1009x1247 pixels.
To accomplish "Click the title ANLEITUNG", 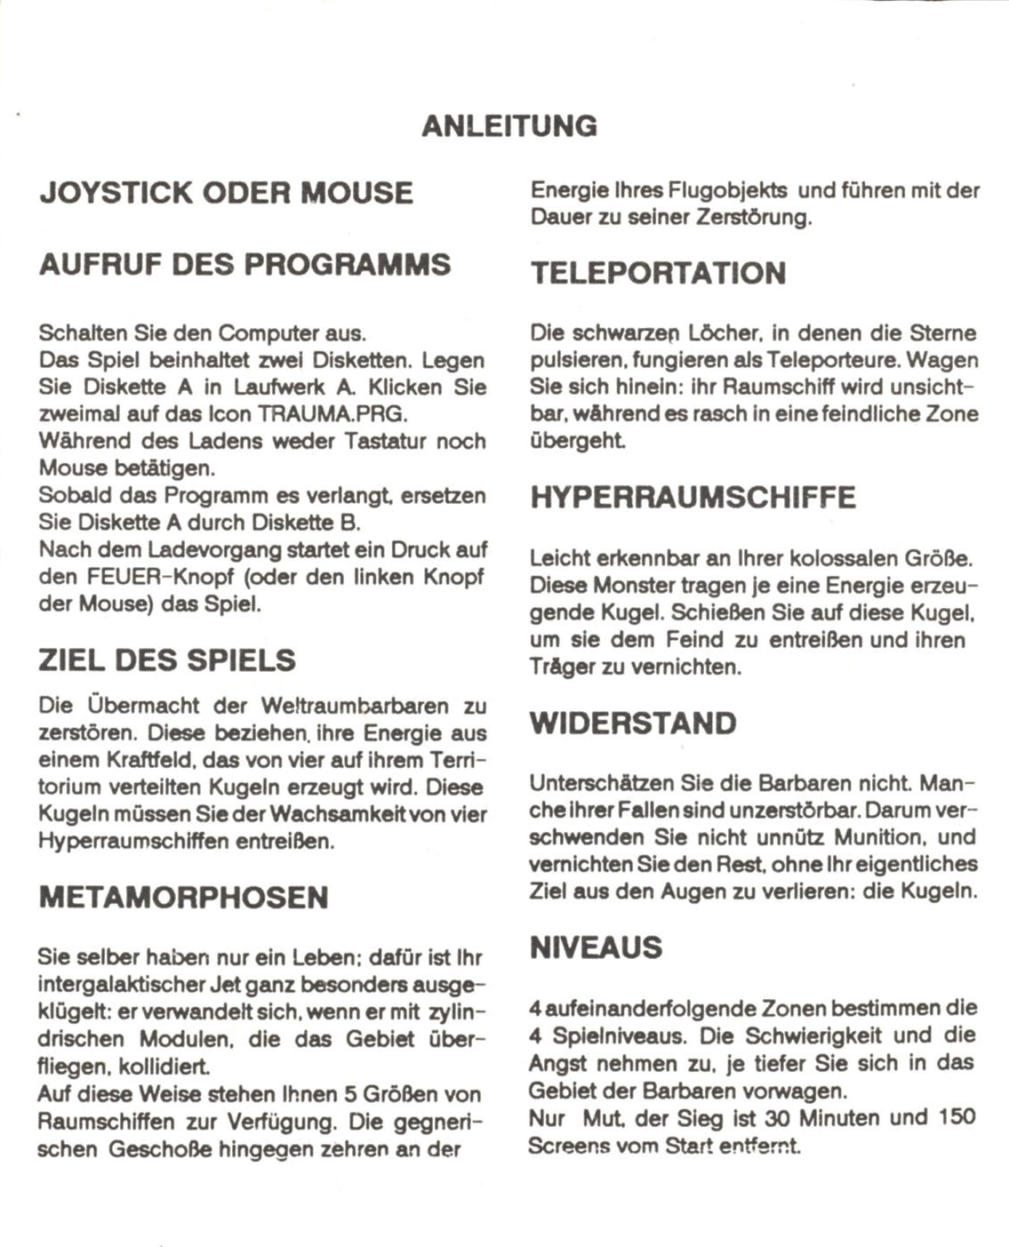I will pyautogui.click(x=509, y=125).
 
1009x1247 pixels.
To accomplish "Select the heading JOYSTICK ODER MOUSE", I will pyautogui.click(x=226, y=193).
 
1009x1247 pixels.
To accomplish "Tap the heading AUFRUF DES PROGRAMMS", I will pyautogui.click(x=244, y=264).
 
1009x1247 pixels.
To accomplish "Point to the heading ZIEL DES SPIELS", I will pyautogui.click(x=166, y=660).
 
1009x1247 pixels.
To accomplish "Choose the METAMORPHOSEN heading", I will pyautogui.click(x=183, y=897).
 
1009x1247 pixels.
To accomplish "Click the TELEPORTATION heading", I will pyautogui.click(x=658, y=273).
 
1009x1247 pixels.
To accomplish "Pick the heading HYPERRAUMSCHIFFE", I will pyautogui.click(x=693, y=497).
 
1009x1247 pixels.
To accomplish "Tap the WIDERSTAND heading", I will pyautogui.click(x=633, y=723).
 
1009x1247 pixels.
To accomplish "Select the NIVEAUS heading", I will pyautogui.click(x=596, y=947).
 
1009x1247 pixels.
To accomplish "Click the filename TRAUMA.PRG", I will pyautogui.click(x=332, y=414).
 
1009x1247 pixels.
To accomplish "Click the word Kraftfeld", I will pyautogui.click(x=141, y=761).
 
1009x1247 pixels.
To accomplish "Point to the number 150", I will pyautogui.click(x=957, y=1117).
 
